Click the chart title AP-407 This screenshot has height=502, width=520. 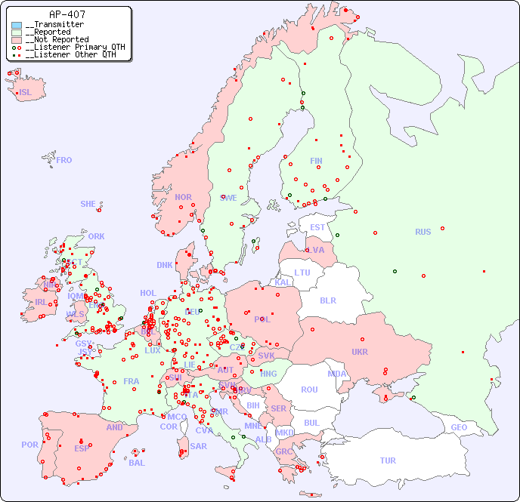(67, 14)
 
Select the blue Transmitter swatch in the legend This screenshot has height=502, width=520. (17, 25)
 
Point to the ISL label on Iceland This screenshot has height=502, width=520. (26, 93)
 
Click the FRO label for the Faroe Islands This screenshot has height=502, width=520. (64, 160)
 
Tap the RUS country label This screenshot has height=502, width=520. (422, 232)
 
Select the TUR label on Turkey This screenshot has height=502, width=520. (388, 460)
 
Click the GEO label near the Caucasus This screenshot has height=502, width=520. (459, 427)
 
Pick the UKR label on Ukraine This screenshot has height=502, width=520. (360, 352)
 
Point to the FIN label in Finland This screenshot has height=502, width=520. (316, 161)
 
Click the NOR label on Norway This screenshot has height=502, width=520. (183, 197)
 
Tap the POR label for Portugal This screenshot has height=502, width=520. (29, 445)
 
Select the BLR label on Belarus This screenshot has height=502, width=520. (328, 300)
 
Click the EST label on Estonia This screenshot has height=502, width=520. (317, 227)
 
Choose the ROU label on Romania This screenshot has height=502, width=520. (309, 390)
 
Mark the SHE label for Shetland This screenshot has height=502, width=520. (88, 204)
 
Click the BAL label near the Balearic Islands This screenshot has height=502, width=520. (136, 463)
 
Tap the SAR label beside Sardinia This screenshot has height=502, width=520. (198, 445)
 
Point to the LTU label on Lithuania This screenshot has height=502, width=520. (302, 273)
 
